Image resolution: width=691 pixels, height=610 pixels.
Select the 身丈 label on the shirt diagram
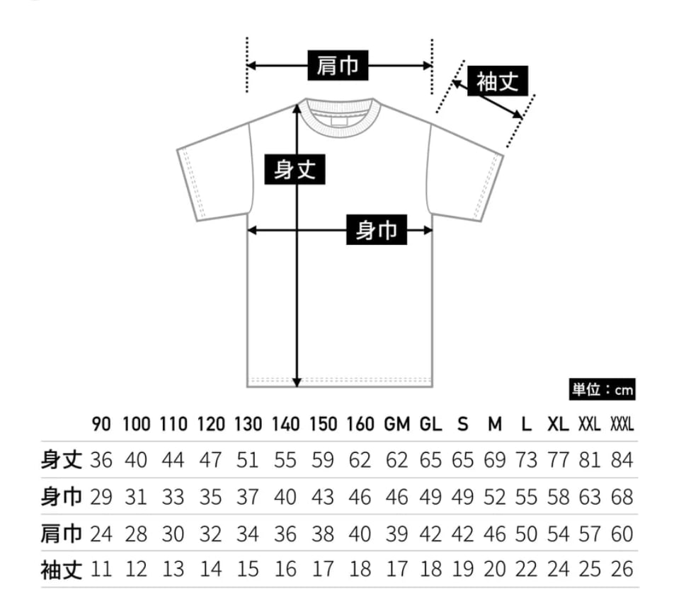295,170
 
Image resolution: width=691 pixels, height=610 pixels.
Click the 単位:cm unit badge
603,389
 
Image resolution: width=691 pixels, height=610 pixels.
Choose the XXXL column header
621,425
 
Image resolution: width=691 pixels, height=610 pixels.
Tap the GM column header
397,425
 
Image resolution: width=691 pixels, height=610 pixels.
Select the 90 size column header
101,425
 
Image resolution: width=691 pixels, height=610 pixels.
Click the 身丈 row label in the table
62,460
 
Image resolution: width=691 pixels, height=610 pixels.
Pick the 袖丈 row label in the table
62,570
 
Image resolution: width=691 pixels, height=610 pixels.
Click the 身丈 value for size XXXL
621,460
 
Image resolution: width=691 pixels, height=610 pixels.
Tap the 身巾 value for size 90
101,497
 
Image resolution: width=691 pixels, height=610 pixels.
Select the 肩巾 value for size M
495,534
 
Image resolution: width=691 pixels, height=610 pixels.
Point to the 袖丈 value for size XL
558,570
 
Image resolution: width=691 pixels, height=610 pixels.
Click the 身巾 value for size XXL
590,497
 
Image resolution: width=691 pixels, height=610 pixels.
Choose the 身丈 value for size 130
248,460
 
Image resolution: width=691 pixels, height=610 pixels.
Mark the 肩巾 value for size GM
397,534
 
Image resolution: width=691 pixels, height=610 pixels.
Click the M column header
495,425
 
